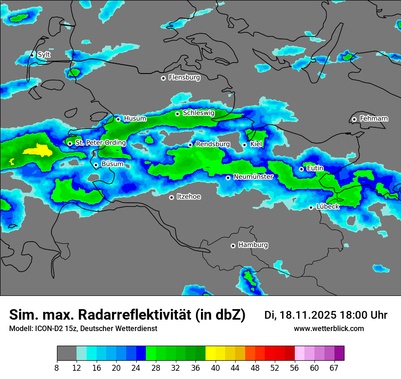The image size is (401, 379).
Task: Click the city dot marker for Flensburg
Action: [x=163, y=78]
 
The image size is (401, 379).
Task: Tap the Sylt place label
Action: [x=44, y=55]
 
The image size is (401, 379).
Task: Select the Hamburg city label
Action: [x=253, y=245]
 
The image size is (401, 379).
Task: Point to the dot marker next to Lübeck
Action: [x=311, y=207]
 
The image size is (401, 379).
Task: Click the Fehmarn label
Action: [x=374, y=119]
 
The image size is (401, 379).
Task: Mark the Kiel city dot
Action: [x=245, y=145]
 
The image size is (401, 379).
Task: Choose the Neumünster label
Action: [x=253, y=177]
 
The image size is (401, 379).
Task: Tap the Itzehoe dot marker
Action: [x=171, y=197]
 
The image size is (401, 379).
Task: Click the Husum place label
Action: [x=135, y=119]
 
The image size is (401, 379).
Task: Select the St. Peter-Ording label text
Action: [x=100, y=143]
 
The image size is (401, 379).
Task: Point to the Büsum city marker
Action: [x=96, y=165]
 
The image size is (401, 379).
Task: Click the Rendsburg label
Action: [x=213, y=144]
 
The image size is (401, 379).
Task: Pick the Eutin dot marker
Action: [x=301, y=169]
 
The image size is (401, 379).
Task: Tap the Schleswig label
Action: [x=199, y=113]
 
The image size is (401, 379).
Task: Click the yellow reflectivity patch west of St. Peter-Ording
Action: [x=39, y=149]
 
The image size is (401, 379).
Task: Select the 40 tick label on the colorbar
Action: [x=216, y=368]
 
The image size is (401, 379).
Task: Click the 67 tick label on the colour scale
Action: [x=334, y=368]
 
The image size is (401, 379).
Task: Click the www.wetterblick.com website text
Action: [x=329, y=329]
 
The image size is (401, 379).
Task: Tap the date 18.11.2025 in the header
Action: [x=308, y=315]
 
